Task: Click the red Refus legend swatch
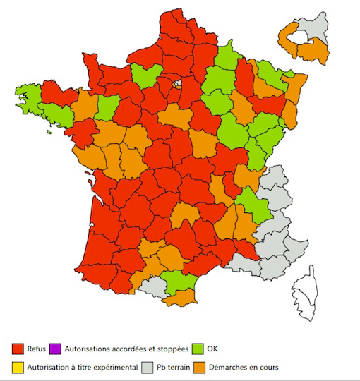(x=19, y=349)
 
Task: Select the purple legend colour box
(x=56, y=349)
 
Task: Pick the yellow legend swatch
(x=19, y=367)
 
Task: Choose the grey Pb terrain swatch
(x=147, y=367)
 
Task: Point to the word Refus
(x=37, y=349)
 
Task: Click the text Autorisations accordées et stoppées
(x=126, y=349)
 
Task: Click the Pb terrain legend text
(x=173, y=367)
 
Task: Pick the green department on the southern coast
(x=178, y=281)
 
